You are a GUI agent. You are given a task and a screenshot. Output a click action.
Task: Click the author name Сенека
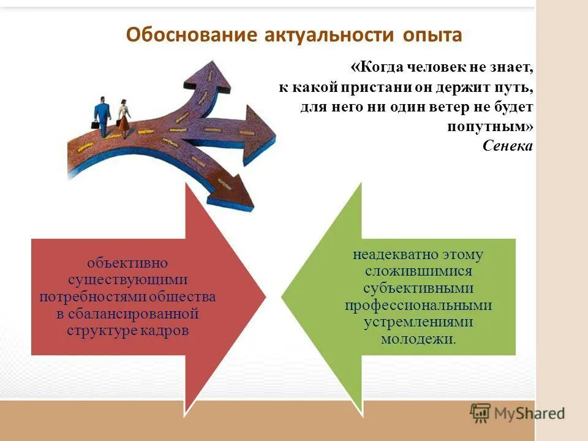(508, 146)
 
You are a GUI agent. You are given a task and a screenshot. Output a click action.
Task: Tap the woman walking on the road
(124, 118)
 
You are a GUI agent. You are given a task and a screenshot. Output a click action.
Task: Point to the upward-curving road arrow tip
(212, 67)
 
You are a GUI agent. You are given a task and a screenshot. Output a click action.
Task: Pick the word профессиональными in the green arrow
(418, 305)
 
